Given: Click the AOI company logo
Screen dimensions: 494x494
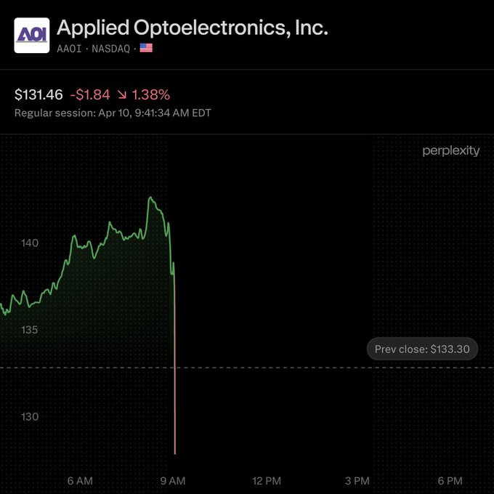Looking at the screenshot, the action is pos(32,36).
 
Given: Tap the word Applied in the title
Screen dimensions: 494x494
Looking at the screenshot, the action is pos(93,28).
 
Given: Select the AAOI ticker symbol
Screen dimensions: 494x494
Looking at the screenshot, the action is pos(69,49).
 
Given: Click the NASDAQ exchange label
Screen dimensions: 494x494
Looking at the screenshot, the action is pos(111,49).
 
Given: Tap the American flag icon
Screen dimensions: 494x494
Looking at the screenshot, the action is pos(146,48).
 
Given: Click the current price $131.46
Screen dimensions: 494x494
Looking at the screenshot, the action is pos(39,95).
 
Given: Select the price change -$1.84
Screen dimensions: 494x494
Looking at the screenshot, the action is pos(90,95).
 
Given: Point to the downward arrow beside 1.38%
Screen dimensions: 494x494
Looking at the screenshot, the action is pos(122,95).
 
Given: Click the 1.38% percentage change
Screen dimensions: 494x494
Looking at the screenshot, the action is pos(151,95).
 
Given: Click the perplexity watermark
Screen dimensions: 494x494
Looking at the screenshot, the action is pos(451,151).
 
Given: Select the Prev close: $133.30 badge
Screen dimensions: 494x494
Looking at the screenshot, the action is pos(422,349).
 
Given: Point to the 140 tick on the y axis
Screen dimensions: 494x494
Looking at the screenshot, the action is pos(30,243).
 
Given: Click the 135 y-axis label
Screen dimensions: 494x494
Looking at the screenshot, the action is pos(29,330).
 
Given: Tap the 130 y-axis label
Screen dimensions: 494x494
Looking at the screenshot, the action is pos(30,417).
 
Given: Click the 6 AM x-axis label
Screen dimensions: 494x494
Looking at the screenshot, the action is pos(80,481).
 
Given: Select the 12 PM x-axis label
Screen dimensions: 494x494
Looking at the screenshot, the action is pos(267,481).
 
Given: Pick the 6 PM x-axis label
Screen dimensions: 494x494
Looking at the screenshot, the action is pos(450,481).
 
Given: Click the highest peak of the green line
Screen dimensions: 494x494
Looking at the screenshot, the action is pos(150,197).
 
